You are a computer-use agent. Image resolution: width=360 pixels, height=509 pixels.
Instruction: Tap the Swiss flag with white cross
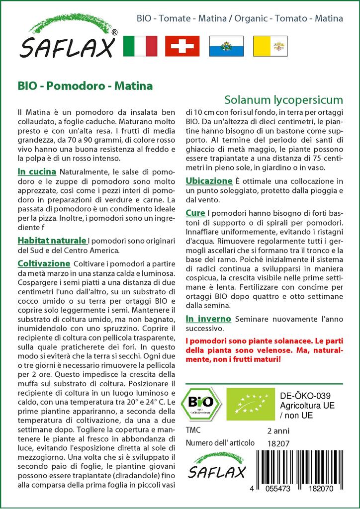[x=182, y=46]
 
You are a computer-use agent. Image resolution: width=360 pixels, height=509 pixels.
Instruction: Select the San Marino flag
[x=226, y=46]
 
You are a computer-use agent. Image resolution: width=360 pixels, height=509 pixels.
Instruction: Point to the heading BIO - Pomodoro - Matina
[x=85, y=85]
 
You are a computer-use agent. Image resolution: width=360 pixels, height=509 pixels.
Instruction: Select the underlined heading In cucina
[x=36, y=172]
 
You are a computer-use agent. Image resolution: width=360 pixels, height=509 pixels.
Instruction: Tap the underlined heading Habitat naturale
[x=52, y=241]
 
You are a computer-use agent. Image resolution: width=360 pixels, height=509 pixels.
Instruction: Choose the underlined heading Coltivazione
[x=44, y=263]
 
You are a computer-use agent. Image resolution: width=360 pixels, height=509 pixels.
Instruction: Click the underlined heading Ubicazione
[x=209, y=181]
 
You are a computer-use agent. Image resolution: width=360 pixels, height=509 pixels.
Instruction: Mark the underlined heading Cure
[x=195, y=213]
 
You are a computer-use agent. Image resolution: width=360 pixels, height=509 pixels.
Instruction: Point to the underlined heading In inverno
[x=208, y=319]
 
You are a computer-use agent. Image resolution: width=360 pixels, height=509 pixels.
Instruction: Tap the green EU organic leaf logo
[x=250, y=404]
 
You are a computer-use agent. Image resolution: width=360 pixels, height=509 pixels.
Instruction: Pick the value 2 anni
[x=278, y=430]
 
